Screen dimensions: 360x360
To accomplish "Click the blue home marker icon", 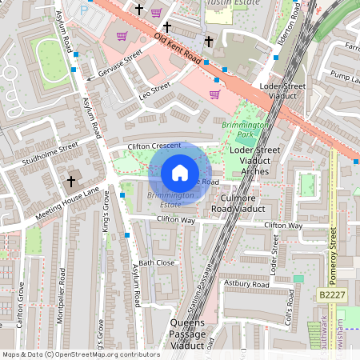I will coord(180,173).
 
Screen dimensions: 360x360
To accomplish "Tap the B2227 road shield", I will coord(334,295).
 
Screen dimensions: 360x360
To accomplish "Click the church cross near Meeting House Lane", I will coord(71,182).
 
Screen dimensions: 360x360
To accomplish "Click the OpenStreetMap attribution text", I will coord(80,354).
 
